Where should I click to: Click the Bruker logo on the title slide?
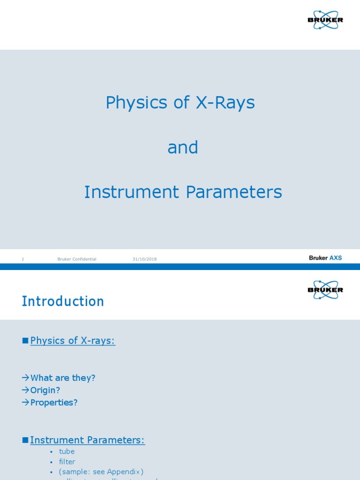tap(325, 20)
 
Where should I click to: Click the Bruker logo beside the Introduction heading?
tap(325, 290)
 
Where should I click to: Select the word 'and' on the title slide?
tap(182, 148)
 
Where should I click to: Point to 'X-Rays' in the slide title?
tap(225, 103)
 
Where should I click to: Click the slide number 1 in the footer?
tap(22, 259)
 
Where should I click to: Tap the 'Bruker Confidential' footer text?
tap(77, 259)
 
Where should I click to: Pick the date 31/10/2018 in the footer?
tap(144, 259)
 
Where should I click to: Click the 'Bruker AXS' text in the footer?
tap(325, 258)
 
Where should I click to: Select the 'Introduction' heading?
tap(63, 301)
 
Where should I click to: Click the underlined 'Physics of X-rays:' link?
tap(73, 341)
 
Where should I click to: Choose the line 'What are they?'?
tap(62, 378)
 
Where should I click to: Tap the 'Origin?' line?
tap(45, 390)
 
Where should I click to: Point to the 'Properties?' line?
tap(54, 402)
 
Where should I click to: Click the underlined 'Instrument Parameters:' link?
tap(88, 440)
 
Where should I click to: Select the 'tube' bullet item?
tap(67, 451)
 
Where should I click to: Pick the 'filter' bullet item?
tap(67, 462)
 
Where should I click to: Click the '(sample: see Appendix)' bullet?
tap(101, 472)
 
